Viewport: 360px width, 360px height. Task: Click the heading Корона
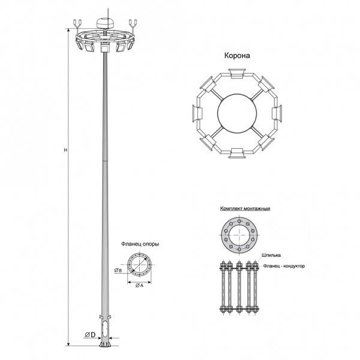click(x=237, y=56)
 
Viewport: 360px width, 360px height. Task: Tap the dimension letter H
click(x=65, y=150)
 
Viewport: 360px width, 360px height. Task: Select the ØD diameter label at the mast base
click(x=90, y=335)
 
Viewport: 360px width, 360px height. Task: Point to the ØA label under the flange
click(x=139, y=286)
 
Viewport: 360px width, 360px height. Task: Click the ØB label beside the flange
click(x=118, y=270)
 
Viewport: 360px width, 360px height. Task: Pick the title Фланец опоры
click(x=140, y=244)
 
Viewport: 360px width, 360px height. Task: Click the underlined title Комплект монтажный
click(x=245, y=208)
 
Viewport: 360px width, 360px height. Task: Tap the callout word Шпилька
click(x=271, y=255)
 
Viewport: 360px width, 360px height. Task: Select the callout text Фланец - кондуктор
click(x=284, y=266)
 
